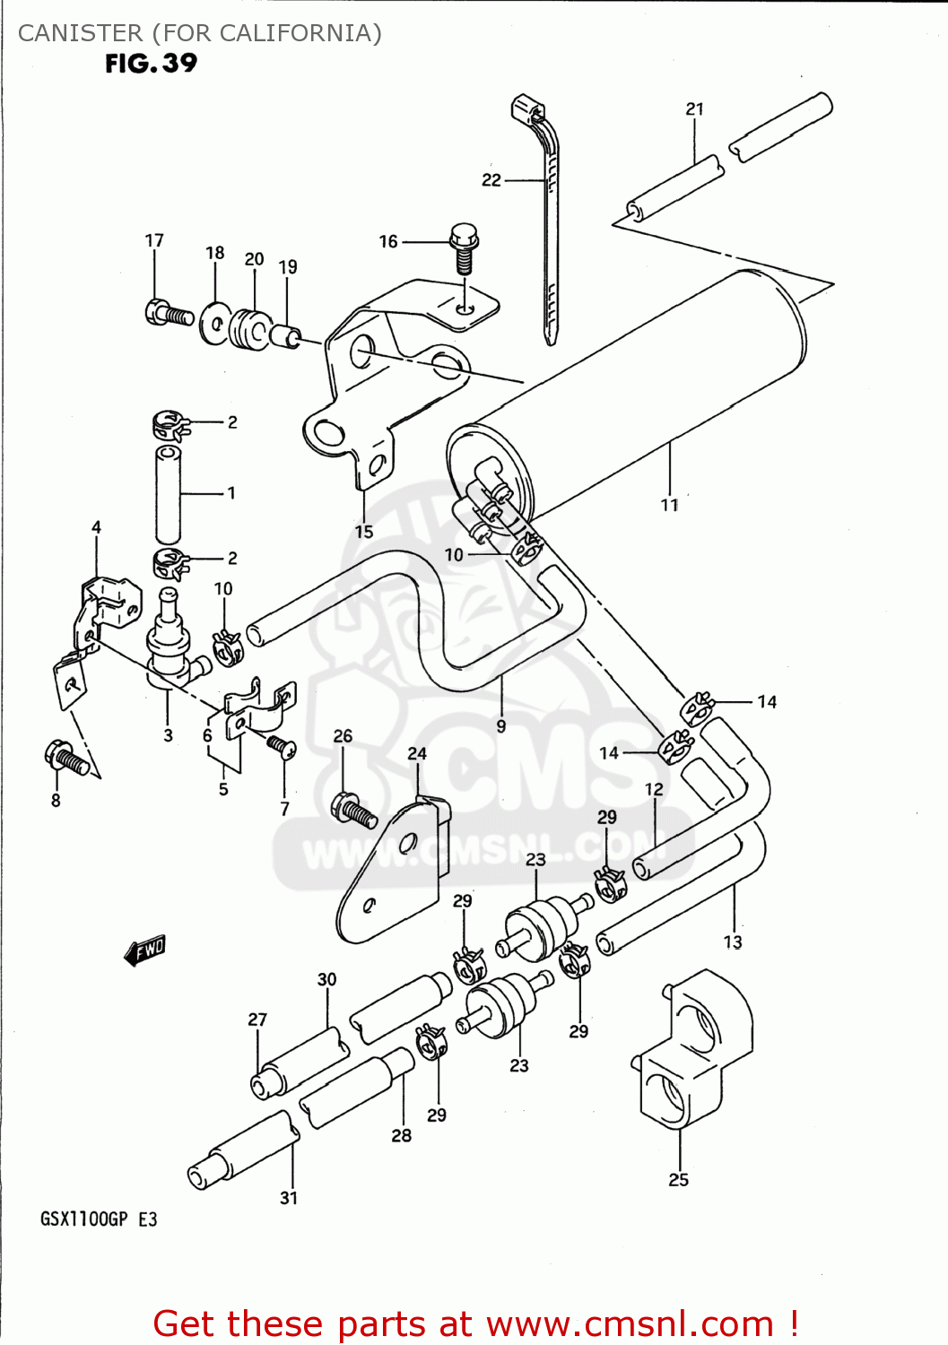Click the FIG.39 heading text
151,64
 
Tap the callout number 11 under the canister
670,505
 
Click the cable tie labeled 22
549,224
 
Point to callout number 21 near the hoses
695,109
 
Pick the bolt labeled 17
167,313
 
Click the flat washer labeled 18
214,322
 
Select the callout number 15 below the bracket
363,531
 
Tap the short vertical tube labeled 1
168,493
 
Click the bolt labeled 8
66,759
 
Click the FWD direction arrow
145,950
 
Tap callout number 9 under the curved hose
501,725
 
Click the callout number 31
289,1198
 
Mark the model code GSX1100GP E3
99,1219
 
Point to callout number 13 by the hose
733,942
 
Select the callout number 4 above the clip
96,527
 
